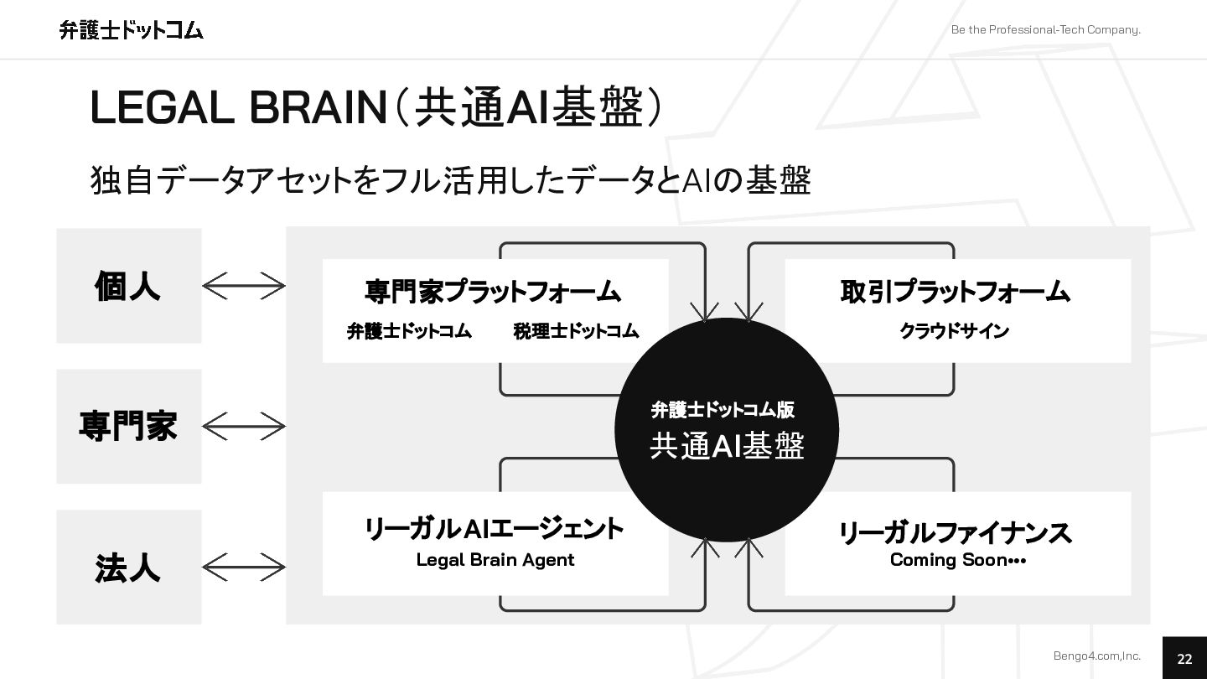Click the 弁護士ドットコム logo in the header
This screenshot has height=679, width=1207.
pos(132,30)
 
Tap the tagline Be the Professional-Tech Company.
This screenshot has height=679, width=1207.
pos(1045,30)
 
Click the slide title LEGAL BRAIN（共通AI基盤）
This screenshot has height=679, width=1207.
pos(376,107)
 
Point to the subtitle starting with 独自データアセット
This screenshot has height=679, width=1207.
pos(450,180)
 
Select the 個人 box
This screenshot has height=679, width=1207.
pos(128,286)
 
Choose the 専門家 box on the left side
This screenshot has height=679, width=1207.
pos(128,426)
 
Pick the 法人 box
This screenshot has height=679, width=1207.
pos(128,568)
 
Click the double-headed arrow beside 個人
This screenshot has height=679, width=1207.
pos(244,286)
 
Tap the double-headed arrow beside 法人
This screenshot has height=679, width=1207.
pos(244,568)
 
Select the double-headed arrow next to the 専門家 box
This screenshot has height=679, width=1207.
pos(244,427)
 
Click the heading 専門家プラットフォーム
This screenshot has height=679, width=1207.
pos(493,291)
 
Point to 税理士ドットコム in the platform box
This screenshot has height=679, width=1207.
pos(576,331)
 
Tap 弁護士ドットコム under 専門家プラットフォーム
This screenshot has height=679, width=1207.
pos(409,331)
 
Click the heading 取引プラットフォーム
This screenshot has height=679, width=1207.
pos(956,291)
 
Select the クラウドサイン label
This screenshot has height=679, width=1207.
pos(954,331)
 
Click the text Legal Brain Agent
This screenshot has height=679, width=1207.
pos(495,560)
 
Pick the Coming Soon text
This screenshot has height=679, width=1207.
pos(957,560)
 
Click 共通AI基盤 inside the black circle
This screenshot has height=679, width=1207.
pos(727,446)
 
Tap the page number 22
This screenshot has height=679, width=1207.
pos(1184,659)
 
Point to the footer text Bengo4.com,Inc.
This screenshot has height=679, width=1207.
pos(1096,656)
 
